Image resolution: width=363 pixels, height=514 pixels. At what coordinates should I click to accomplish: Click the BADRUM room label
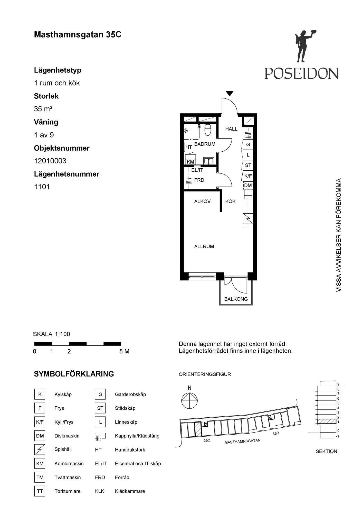[205, 144]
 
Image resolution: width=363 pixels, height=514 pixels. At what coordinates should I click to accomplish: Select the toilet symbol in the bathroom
[208, 130]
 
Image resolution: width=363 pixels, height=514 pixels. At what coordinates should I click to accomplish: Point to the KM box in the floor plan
[190, 162]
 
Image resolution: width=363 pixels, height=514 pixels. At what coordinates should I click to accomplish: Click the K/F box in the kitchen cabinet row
[248, 176]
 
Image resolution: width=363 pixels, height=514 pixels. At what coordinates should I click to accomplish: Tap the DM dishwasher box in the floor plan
[248, 185]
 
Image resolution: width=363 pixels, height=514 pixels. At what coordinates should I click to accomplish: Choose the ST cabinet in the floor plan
[248, 165]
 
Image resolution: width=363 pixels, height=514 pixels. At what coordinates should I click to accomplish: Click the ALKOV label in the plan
[202, 201]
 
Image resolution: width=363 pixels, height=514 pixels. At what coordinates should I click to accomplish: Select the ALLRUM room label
[204, 246]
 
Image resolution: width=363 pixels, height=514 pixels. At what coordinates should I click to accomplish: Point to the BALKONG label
[236, 299]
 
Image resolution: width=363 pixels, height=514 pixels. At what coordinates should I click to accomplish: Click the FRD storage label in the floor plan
[199, 180]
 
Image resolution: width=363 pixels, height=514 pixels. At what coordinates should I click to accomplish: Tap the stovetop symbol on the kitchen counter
[248, 218]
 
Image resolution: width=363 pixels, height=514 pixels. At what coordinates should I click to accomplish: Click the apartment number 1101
[42, 187]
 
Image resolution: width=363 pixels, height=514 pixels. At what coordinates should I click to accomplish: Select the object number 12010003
[50, 161]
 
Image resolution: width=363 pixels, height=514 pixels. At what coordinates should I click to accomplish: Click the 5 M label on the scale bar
[125, 351]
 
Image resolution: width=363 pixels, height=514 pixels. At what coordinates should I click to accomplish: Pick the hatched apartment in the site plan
[198, 429]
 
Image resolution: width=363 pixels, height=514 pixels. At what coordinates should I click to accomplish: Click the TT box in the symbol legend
[40, 491]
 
